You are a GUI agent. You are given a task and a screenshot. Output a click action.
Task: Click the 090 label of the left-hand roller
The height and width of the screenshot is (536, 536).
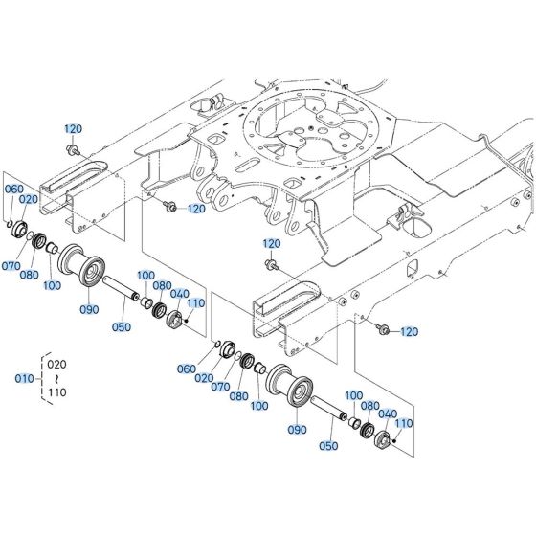click(x=89, y=308)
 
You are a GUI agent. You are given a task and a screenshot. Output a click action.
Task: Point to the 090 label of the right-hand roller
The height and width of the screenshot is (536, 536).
click(x=298, y=430)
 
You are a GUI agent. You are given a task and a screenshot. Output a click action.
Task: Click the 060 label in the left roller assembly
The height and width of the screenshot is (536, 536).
click(x=13, y=190)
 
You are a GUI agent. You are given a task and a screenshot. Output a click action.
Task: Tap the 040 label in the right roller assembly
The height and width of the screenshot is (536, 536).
click(x=387, y=413)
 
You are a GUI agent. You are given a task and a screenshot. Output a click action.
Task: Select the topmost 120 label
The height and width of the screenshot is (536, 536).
click(x=75, y=128)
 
